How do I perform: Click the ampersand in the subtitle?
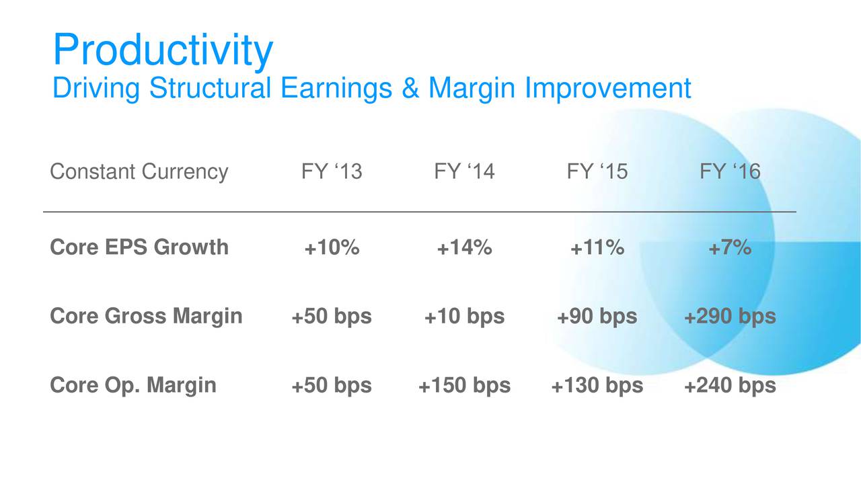click(x=410, y=88)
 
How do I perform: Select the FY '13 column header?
click(x=332, y=171)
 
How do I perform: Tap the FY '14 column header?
click(x=464, y=171)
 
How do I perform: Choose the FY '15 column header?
click(x=597, y=171)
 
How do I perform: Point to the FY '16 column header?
click(x=730, y=171)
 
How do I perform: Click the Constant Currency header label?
click(x=139, y=172)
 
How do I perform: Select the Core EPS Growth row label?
click(x=139, y=247)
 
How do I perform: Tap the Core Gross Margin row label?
click(x=146, y=317)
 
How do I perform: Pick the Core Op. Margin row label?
click(x=133, y=386)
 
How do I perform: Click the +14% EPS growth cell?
click(x=464, y=247)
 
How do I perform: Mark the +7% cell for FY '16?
click(x=730, y=247)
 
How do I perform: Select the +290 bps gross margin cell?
click(x=730, y=317)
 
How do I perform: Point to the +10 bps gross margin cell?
click(x=464, y=317)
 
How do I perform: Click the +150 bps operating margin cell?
click(x=464, y=386)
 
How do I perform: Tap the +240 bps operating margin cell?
click(x=730, y=386)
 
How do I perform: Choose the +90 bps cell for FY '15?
click(x=597, y=317)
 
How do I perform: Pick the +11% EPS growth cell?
click(x=597, y=247)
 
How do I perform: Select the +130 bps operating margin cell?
click(x=597, y=386)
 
